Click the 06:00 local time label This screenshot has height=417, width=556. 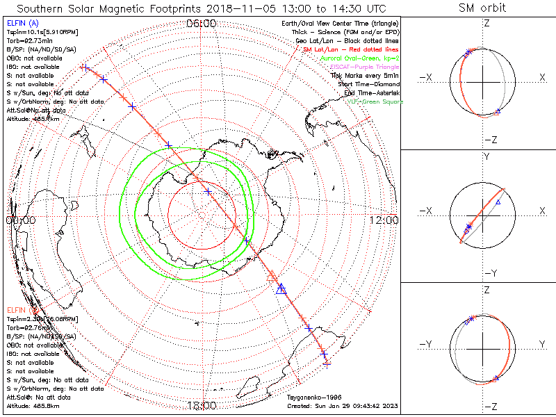202,23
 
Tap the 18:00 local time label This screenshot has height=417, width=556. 202,406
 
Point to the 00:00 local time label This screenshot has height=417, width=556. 20,220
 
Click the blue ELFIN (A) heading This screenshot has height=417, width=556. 22,24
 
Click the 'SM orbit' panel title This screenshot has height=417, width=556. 482,8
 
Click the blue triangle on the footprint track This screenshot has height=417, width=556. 281,289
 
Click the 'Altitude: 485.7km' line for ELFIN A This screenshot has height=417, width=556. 33,119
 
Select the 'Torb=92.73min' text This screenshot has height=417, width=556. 27,41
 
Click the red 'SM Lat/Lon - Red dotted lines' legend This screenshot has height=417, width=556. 351,50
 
